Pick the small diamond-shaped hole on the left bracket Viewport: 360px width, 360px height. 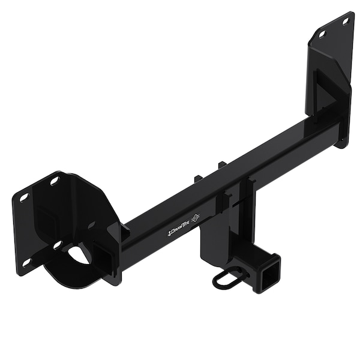[x=91, y=225]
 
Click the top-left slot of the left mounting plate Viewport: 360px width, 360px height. [x=24, y=197]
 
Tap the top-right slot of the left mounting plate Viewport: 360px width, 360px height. [x=55, y=181]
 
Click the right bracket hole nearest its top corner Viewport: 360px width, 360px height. [x=345, y=22]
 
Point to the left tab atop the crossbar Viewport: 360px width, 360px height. [x=199, y=178]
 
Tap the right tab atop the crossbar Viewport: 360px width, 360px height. [x=221, y=165]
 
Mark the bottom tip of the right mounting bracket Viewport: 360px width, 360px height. [x=341, y=144]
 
